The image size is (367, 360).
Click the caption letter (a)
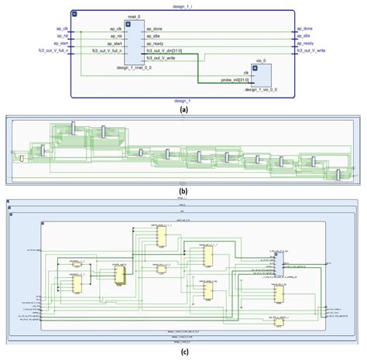pyautogui.click(x=183, y=111)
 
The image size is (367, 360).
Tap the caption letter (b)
pyautogui.click(x=183, y=190)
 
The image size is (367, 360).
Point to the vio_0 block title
pyautogui.click(x=259, y=60)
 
